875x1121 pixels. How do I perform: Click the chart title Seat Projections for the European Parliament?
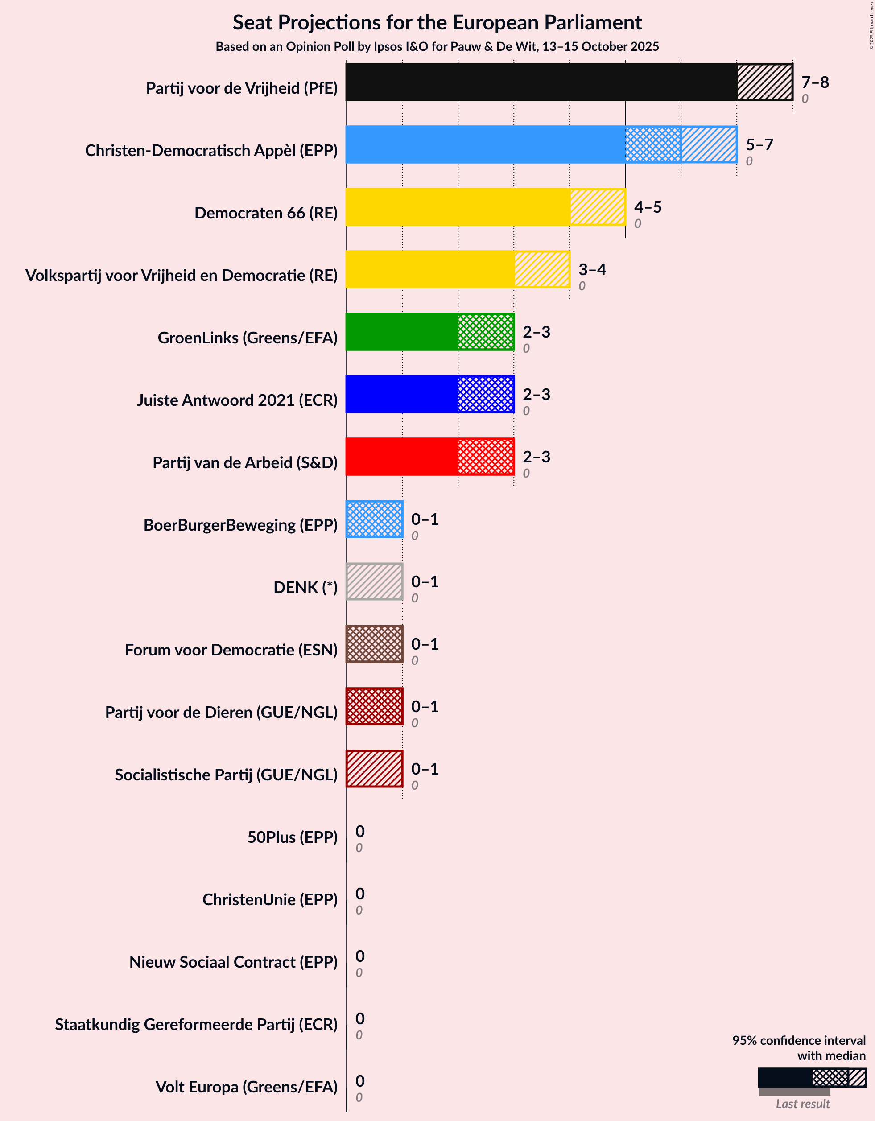coord(437,23)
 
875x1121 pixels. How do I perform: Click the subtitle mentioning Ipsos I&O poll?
coord(437,47)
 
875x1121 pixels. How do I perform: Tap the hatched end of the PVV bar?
coord(764,82)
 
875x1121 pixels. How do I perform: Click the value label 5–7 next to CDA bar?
coord(759,145)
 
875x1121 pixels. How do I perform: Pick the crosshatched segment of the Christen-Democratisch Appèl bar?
coord(652,145)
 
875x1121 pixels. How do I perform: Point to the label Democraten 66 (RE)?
coord(265,213)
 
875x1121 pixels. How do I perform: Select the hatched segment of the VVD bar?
coord(542,269)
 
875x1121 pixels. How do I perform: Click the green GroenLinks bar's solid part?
coord(401,332)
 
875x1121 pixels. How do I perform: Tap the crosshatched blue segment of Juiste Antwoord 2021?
coord(485,394)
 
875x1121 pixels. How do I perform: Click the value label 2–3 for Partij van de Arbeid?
coord(536,457)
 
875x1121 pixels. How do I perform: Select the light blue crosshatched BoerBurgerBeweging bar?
coord(374,519)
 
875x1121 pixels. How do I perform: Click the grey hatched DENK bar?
coord(374,581)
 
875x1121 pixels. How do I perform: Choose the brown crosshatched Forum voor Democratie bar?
coord(374,644)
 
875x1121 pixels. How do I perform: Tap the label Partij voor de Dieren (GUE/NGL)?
coord(221,713)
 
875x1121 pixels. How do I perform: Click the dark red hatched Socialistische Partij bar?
coord(374,769)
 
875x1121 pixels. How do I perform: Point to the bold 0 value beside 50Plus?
coord(360,832)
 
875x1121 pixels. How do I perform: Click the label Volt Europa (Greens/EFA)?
coord(247,1087)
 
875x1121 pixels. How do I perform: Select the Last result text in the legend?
coord(802,1104)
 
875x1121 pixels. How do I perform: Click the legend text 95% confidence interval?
coord(798,1040)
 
